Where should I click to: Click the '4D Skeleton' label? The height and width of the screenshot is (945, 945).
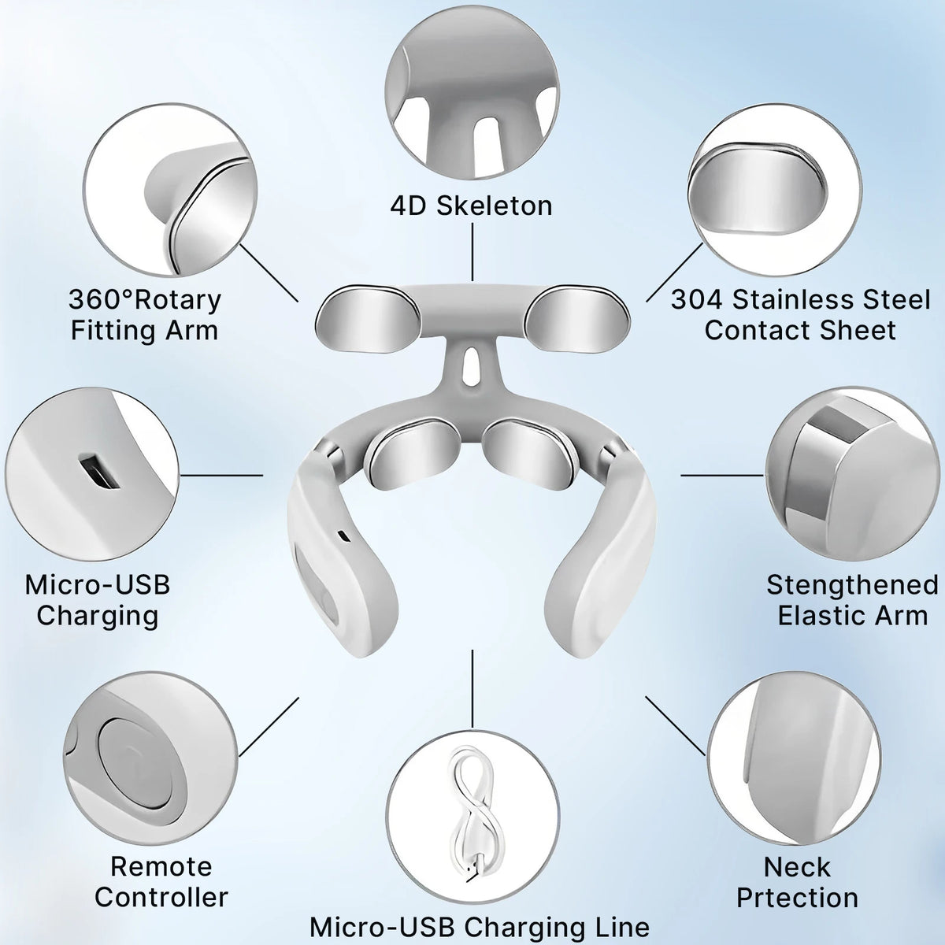pos(471,206)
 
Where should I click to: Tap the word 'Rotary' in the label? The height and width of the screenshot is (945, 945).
pos(177,299)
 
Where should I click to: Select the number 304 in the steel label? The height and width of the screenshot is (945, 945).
pos(696,299)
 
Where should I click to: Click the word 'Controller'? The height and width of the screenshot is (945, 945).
pos(161,897)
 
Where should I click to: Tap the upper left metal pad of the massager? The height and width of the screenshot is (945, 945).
pos(368,319)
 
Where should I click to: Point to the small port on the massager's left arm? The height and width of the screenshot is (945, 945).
pos(343,535)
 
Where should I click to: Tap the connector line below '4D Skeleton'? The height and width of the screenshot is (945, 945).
pos(472,252)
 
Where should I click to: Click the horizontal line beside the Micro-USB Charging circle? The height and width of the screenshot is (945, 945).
pos(221,475)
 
